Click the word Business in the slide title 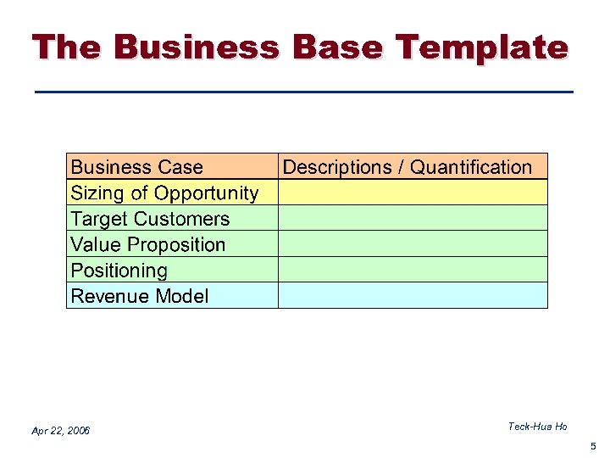pyautogui.click(x=196, y=47)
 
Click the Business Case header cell pyautogui.click(x=137, y=167)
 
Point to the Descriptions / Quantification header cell pyautogui.click(x=408, y=167)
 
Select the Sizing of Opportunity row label pyautogui.click(x=164, y=193)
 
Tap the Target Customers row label pyautogui.click(x=150, y=219)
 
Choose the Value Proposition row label pyautogui.click(x=148, y=245)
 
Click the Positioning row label pyautogui.click(x=119, y=271)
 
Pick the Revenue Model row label pyautogui.click(x=140, y=296)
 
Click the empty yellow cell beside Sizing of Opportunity pyautogui.click(x=413, y=193)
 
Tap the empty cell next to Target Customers pyautogui.click(x=413, y=218)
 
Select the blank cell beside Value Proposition pyautogui.click(x=413, y=244)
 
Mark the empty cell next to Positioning pyautogui.click(x=413, y=270)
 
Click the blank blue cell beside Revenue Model pyautogui.click(x=413, y=295)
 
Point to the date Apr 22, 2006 pyautogui.click(x=61, y=431)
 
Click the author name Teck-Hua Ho pyautogui.click(x=537, y=427)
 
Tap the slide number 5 pyautogui.click(x=593, y=446)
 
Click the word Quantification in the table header pyautogui.click(x=471, y=167)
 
